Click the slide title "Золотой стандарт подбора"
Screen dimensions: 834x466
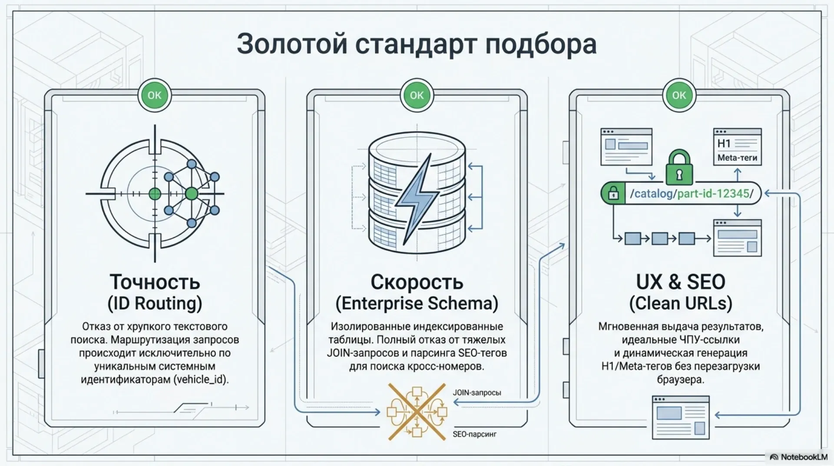[417, 44]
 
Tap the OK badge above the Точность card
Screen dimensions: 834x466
[155, 95]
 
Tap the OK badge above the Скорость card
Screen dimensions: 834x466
[417, 95]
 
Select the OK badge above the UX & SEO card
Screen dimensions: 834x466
[679, 95]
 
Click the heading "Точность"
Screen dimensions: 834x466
[155, 282]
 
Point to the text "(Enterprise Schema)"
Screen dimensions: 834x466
[417, 303]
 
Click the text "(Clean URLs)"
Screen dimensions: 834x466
[681, 303]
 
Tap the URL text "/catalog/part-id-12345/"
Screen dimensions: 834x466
[692, 193]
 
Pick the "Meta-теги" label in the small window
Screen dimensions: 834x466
[737, 158]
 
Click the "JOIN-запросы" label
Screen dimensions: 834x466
[477, 393]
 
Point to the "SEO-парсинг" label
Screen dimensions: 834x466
[474, 434]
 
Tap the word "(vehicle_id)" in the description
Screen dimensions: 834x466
[201, 379]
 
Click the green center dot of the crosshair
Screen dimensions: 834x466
[155, 194]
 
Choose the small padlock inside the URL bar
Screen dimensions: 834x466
[613, 193]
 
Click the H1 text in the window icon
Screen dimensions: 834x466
[724, 143]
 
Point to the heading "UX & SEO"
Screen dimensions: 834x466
[681, 282]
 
